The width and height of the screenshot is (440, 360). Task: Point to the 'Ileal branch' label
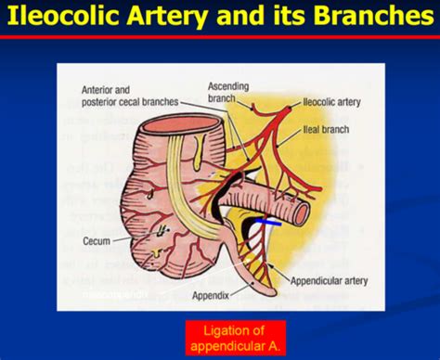(x=332, y=134)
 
